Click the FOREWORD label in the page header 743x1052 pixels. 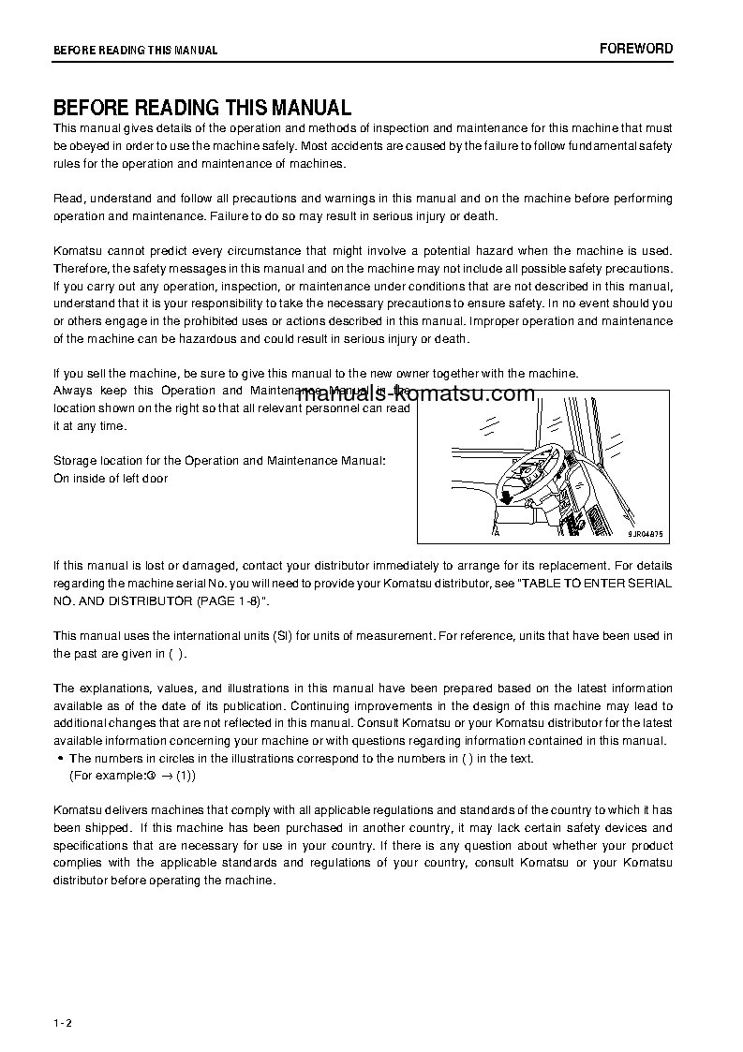636,49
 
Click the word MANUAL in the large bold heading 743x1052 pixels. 305,108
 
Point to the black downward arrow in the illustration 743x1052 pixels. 506,496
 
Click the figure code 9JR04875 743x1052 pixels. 645,534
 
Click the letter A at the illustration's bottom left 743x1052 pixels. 496,532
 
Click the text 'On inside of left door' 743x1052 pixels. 111,479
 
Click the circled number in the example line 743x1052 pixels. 150,776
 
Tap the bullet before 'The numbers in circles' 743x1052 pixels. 60,759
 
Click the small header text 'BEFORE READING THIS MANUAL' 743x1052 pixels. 135,51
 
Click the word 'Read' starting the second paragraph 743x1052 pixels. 68,199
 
